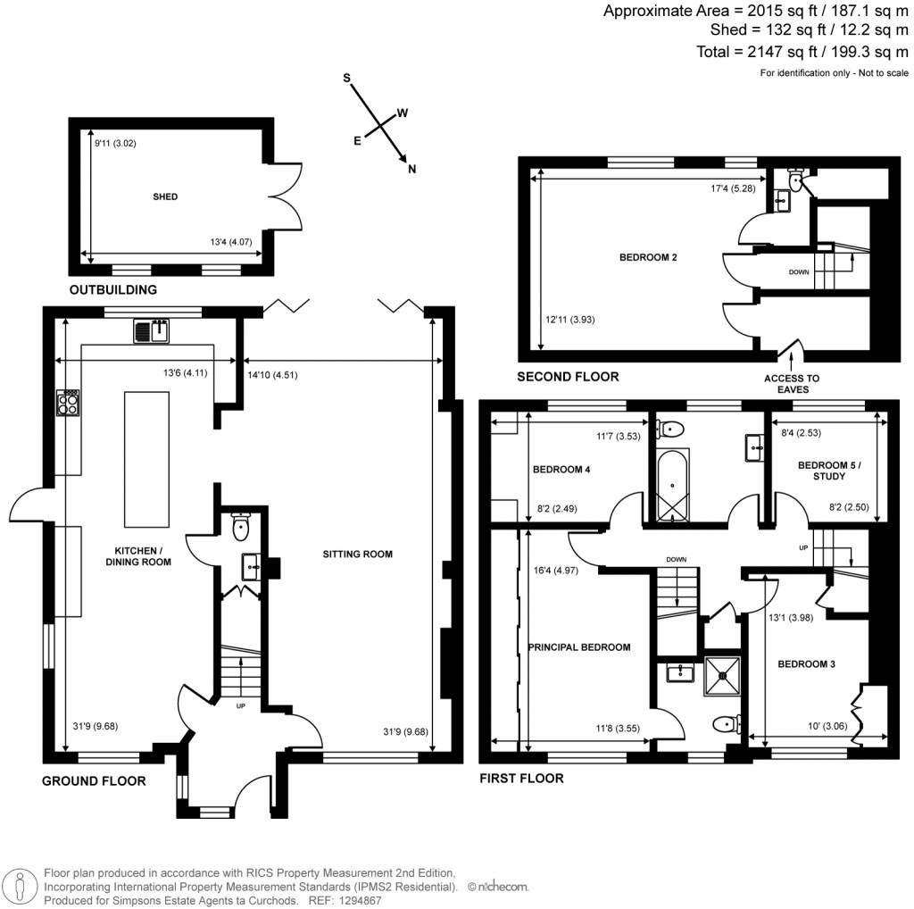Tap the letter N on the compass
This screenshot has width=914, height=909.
point(411,169)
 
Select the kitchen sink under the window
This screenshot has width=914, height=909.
point(153,331)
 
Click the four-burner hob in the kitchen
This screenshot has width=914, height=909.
point(68,403)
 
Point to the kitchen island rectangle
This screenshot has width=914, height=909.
point(139,460)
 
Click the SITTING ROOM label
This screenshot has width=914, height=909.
point(358,555)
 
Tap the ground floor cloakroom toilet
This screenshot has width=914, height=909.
point(240,529)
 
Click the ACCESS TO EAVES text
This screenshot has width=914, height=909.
point(791,384)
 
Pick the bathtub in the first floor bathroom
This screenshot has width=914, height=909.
point(669,485)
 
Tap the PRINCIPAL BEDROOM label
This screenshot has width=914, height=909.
point(579,647)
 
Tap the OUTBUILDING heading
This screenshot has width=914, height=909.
point(113,289)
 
